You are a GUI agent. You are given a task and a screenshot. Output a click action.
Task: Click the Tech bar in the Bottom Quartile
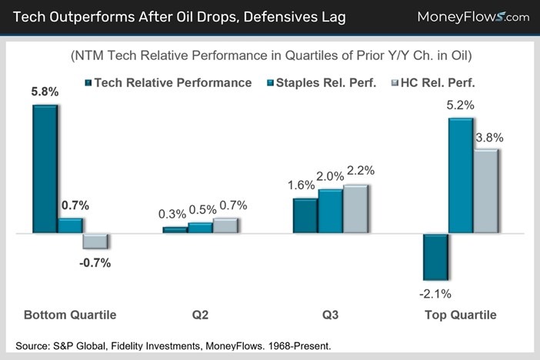click(x=45, y=168)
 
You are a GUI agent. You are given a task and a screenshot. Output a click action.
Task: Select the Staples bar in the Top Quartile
click(x=460, y=175)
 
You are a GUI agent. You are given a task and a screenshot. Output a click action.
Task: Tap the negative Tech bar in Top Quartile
click(x=435, y=256)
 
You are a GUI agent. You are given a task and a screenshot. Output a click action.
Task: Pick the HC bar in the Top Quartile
click(x=485, y=191)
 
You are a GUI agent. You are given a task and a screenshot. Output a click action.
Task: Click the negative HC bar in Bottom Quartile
click(x=95, y=241)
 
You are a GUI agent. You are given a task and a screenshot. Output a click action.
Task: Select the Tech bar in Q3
click(x=305, y=215)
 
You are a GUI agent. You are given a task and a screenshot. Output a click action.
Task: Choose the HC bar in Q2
click(x=225, y=225)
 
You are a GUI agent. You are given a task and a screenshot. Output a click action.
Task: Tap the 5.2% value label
click(x=460, y=105)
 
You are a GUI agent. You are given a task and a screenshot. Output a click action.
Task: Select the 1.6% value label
click(x=302, y=185)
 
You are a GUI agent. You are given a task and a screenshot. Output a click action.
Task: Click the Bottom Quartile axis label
click(x=70, y=315)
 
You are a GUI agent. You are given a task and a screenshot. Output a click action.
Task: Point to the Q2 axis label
click(x=201, y=315)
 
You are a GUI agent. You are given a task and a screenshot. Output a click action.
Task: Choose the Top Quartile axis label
click(x=461, y=315)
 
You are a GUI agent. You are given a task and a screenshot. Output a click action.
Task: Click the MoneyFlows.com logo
click(x=472, y=16)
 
